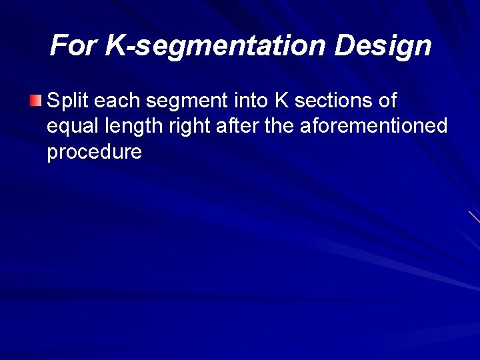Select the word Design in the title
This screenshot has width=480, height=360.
383,46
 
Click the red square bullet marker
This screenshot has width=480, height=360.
35,101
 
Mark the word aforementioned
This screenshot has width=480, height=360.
373,127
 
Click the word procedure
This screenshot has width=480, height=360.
94,152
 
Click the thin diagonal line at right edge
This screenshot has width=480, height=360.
474,217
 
